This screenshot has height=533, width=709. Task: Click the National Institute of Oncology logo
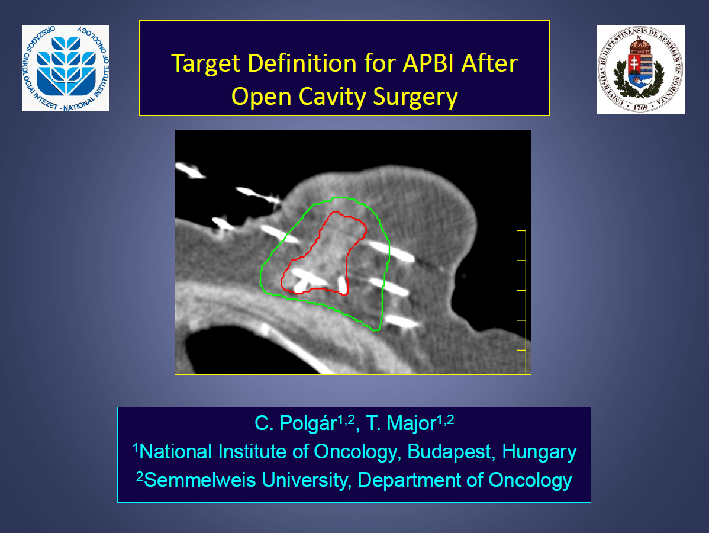[66, 68]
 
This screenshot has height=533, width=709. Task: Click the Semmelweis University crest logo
[640, 69]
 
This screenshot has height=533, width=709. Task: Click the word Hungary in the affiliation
[539, 452]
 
